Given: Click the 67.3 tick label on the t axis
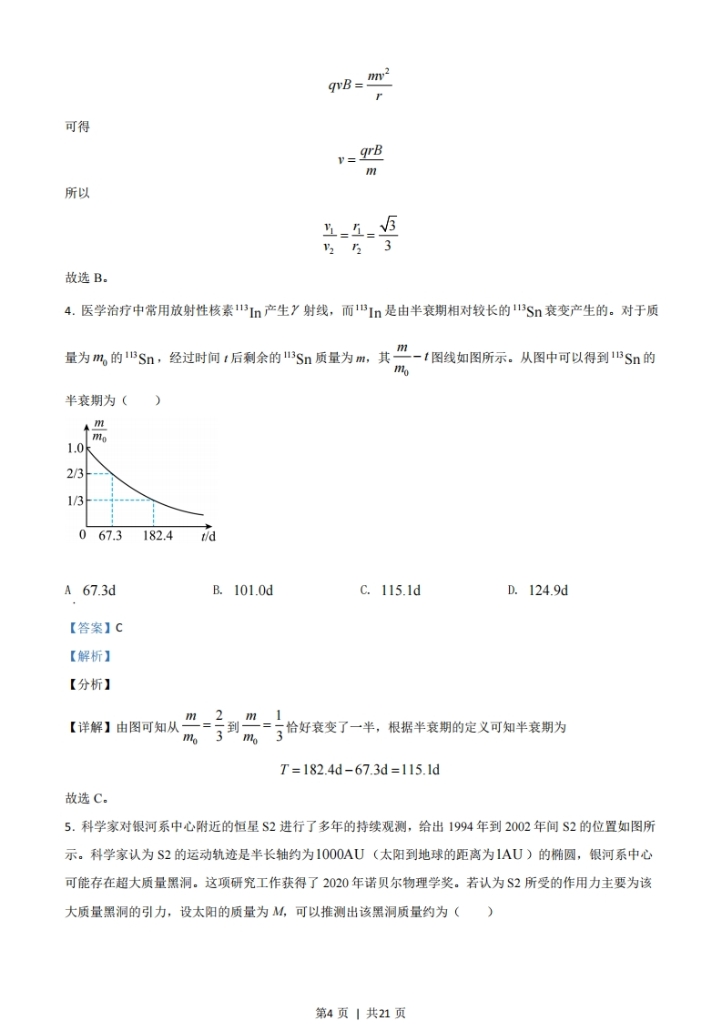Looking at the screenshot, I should coord(110,535).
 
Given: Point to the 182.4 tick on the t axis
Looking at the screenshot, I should coord(158,535).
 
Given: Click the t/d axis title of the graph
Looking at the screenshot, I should coord(208,536).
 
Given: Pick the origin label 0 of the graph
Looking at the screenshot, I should coord(82,534).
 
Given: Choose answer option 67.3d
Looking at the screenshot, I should coord(98,591).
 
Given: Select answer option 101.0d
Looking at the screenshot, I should coord(253,591).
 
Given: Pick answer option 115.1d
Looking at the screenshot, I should coord(401,591).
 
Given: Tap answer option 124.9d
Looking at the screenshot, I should coord(548,591).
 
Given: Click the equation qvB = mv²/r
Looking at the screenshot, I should coord(360,85).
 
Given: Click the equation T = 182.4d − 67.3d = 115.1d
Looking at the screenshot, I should coord(360,769).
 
